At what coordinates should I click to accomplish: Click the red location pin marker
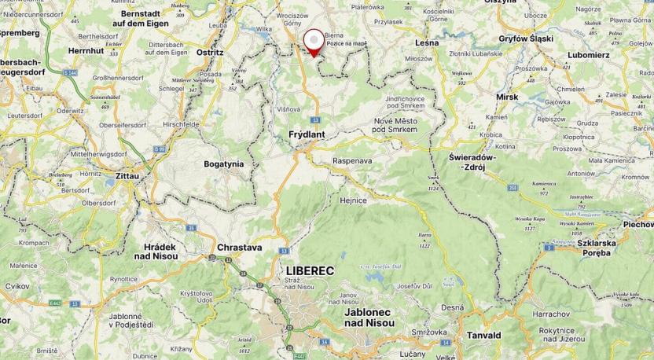point(314,42)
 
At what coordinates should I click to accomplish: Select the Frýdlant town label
point(307,134)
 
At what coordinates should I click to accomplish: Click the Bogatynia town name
point(224,163)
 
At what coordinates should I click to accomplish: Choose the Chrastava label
point(240,247)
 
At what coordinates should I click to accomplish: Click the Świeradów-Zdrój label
point(478,161)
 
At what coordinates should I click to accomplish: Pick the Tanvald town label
point(483,335)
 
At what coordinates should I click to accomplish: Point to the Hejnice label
point(353,200)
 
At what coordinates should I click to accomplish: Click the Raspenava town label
point(352,160)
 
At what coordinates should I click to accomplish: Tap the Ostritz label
point(209,53)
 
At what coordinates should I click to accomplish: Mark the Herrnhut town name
point(86,50)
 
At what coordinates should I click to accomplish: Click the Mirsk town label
point(506,97)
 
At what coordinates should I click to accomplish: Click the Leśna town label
point(426,42)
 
